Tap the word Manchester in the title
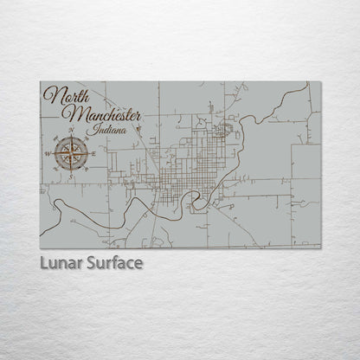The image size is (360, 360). [99, 115]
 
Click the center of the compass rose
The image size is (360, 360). [68, 153]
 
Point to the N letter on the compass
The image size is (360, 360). [68, 132]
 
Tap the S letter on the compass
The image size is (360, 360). [68, 176]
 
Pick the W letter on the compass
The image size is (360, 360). [47, 154]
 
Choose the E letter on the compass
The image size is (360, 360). [91, 154]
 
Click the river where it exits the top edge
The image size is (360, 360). [307, 84]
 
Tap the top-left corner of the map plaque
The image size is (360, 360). [41, 82]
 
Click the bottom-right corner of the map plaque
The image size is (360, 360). [320, 248]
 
